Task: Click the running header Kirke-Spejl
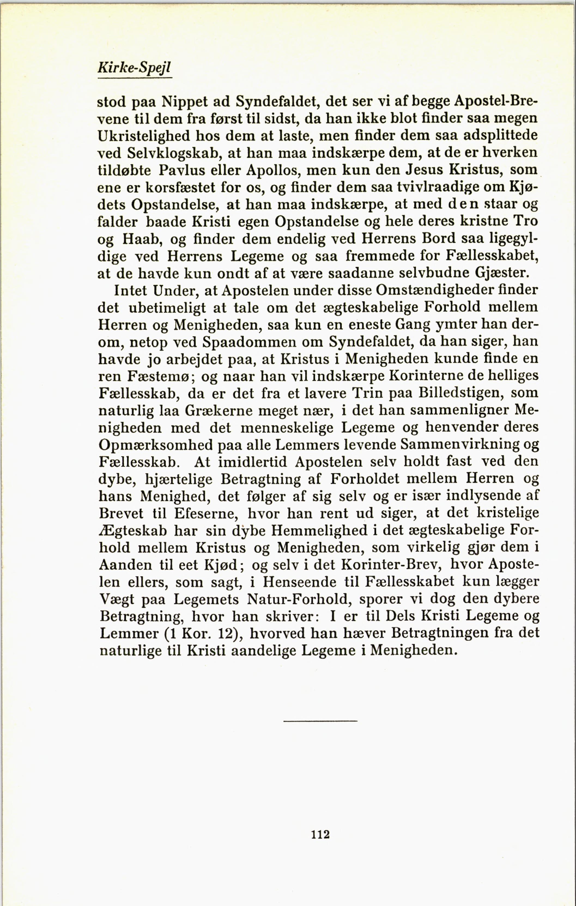click(x=134, y=67)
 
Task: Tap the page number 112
click(x=320, y=834)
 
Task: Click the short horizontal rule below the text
click(x=320, y=721)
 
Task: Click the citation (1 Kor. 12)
click(x=202, y=633)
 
